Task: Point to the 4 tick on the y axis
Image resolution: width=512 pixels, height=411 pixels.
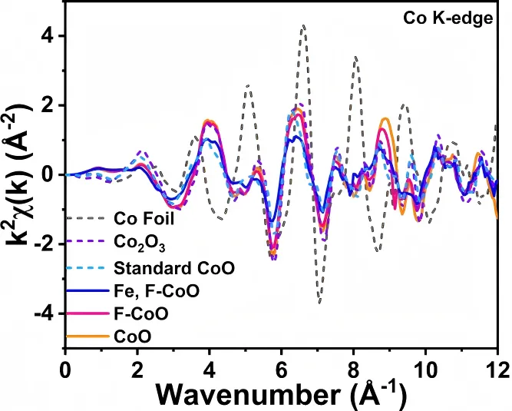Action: [53, 35]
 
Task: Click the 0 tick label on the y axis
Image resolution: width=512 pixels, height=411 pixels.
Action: [53, 174]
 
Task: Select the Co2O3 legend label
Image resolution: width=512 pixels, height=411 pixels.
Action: [137, 243]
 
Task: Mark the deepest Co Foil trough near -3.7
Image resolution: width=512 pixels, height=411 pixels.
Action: [319, 303]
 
